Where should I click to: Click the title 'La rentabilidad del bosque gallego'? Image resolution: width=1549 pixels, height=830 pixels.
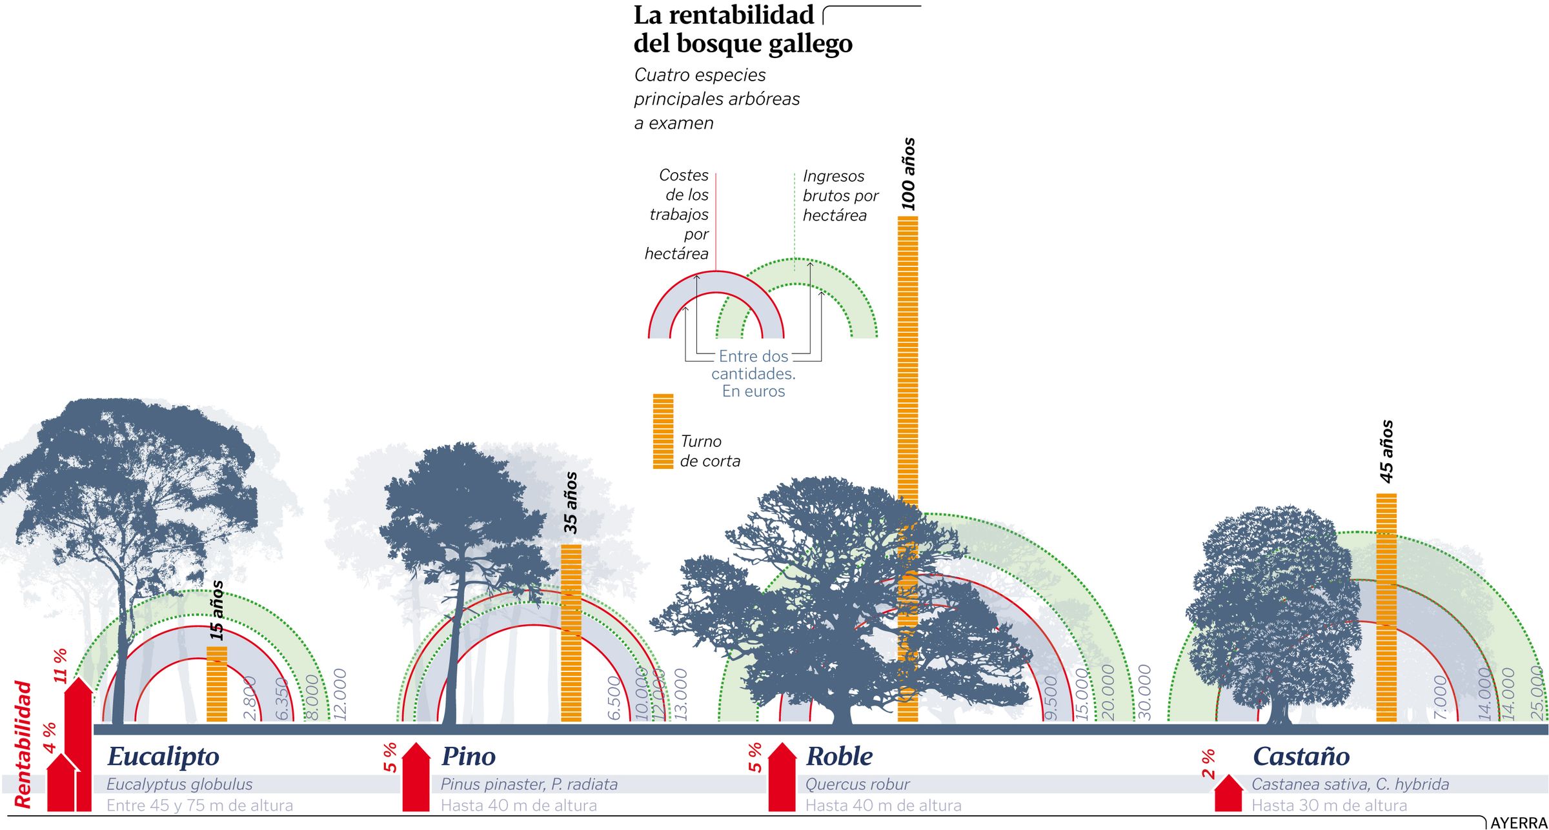pyautogui.click(x=742, y=29)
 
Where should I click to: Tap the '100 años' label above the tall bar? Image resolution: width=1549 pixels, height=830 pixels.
pyautogui.click(x=908, y=174)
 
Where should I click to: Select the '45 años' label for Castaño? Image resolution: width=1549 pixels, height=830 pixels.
pyautogui.click(x=1386, y=451)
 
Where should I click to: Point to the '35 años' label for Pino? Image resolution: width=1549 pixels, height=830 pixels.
pyautogui.click(x=571, y=503)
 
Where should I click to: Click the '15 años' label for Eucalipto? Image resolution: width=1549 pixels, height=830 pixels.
pyautogui.click(x=217, y=610)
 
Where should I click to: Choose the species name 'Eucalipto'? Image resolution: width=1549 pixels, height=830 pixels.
pyautogui.click(x=163, y=756)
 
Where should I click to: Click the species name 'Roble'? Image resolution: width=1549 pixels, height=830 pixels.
pyautogui.click(x=839, y=756)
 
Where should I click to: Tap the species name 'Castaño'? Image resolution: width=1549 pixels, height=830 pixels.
pyautogui.click(x=1301, y=756)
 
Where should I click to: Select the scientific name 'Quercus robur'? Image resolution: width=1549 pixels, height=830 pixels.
pyautogui.click(x=857, y=784)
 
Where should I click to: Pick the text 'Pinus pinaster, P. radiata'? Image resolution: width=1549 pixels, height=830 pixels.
pyautogui.click(x=529, y=784)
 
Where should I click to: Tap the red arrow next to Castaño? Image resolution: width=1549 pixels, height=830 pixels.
pyautogui.click(x=1228, y=795)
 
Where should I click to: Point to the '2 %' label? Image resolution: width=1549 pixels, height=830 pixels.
pyautogui.click(x=1208, y=764)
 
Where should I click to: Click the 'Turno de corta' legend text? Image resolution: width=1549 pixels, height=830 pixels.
pyautogui.click(x=710, y=451)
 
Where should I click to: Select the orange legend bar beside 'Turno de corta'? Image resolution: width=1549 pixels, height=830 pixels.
pyautogui.click(x=663, y=431)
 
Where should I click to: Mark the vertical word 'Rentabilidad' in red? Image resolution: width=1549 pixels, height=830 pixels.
pyautogui.click(x=23, y=744)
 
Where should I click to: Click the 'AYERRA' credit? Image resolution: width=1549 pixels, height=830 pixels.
pyautogui.click(x=1519, y=823)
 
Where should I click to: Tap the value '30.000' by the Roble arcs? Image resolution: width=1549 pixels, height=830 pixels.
pyautogui.click(x=1144, y=693)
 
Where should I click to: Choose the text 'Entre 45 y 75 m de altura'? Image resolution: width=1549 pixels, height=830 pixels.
pyautogui.click(x=199, y=805)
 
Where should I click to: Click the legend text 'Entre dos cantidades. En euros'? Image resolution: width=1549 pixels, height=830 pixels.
pyautogui.click(x=753, y=373)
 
